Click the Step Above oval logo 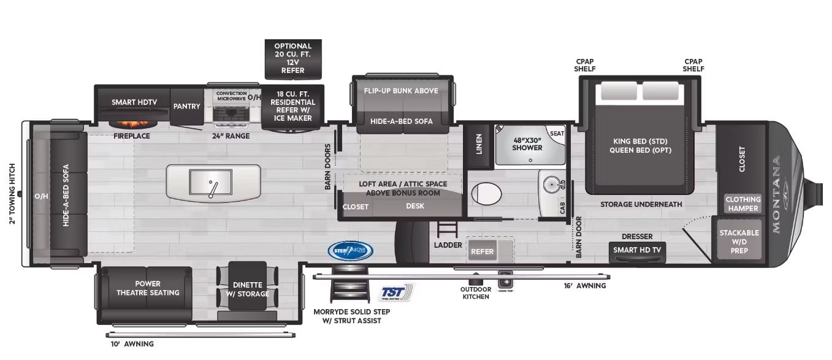click(350, 250)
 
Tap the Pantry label click(186, 106)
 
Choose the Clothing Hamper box click(742, 204)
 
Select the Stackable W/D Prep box click(739, 241)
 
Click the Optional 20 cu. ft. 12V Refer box click(293, 58)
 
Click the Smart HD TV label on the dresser click(636, 250)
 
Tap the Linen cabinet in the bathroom click(479, 144)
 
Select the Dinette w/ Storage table click(247, 289)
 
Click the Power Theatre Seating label click(148, 288)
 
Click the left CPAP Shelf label click(584, 65)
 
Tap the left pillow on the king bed click(618, 91)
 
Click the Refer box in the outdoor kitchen click(482, 251)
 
